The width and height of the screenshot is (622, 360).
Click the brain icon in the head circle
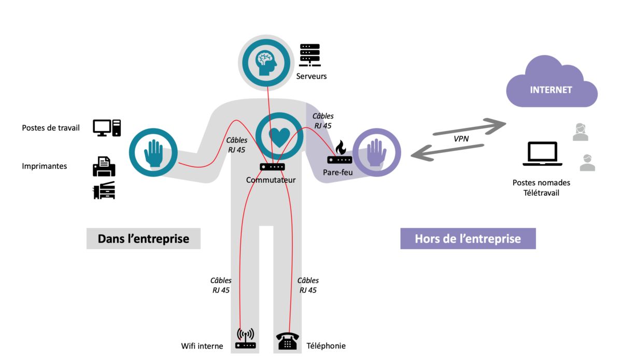point(267,61)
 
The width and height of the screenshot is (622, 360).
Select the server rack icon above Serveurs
point(310,55)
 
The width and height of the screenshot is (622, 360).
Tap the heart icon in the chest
point(279,136)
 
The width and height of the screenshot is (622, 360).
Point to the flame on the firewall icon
point(341,147)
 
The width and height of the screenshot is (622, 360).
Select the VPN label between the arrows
point(461,139)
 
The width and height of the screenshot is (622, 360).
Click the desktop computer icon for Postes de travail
point(107,127)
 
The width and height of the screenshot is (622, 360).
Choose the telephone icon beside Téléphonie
point(287,341)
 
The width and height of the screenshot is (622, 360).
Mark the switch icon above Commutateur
point(272,167)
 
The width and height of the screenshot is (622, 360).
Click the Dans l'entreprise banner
point(143,239)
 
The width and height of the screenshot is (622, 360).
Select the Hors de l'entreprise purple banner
point(468,239)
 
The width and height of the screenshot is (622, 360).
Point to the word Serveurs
point(312,76)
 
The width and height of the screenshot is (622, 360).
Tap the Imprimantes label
point(45,166)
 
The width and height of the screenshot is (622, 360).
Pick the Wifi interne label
point(202,346)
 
